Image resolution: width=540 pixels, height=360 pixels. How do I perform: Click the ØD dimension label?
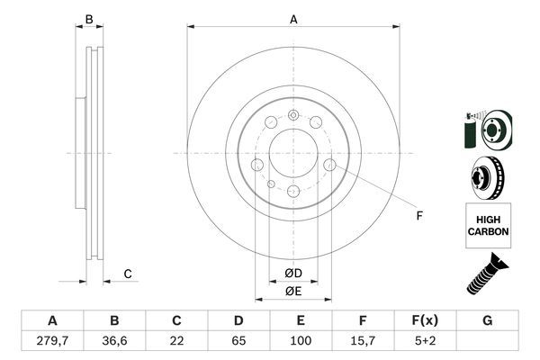293,273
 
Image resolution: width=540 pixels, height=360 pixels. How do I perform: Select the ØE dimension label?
293,292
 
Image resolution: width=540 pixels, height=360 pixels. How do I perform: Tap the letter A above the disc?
293,19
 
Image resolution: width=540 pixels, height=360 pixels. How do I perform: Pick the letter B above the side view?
88,19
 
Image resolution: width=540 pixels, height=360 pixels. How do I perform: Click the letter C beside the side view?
128,274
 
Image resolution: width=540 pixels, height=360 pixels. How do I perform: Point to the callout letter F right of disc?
418,214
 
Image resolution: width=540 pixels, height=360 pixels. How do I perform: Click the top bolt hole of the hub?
293,114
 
